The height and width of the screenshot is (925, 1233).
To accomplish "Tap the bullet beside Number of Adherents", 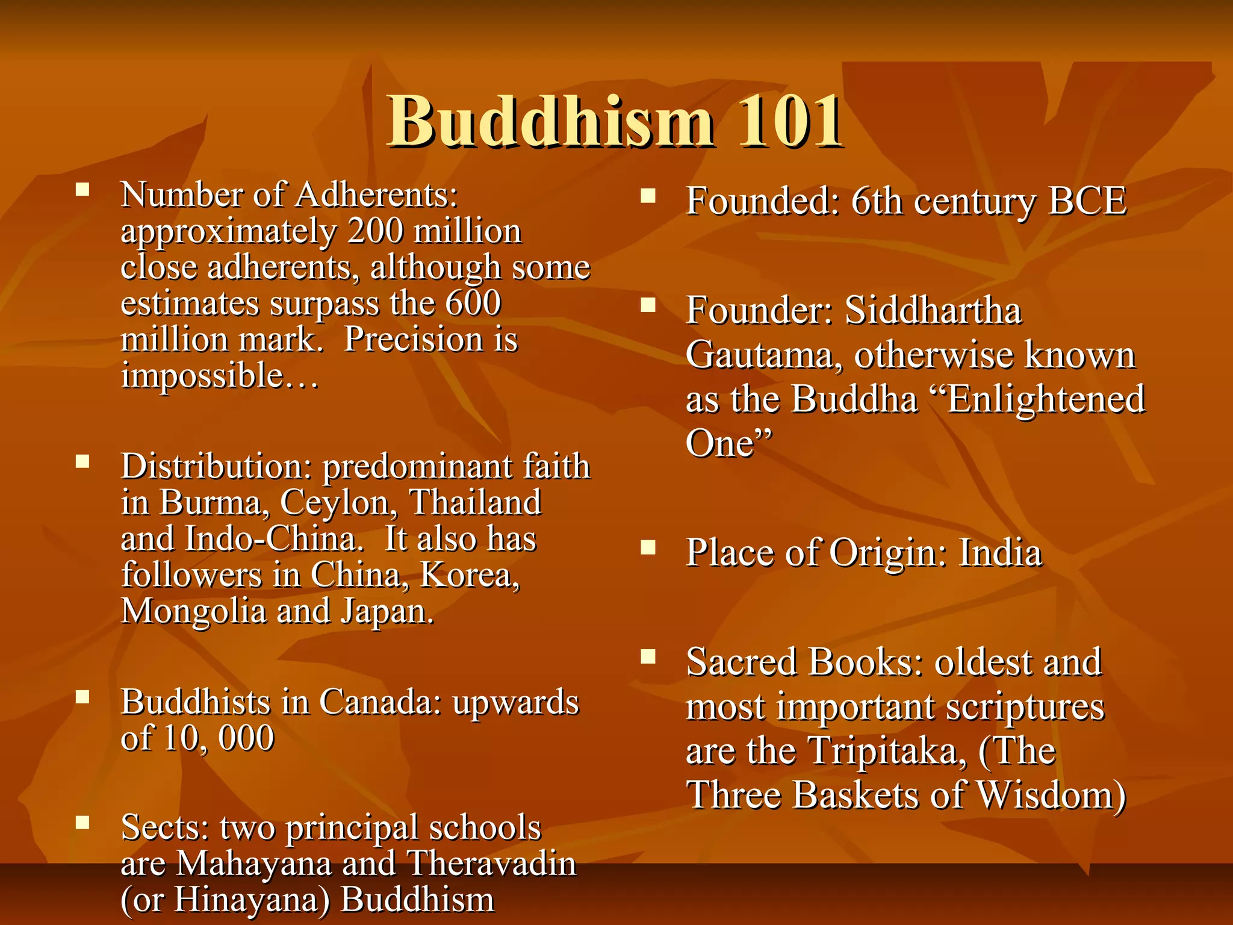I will point(82,191).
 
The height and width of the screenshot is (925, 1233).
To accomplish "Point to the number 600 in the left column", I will point(473,303).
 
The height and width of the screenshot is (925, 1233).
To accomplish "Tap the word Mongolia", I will point(193,611).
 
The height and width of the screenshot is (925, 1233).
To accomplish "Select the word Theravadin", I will point(492,864).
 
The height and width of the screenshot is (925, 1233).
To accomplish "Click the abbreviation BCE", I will point(1087,201).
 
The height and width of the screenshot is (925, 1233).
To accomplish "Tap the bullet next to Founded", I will point(648,196).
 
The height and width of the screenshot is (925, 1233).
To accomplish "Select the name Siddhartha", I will point(933,311).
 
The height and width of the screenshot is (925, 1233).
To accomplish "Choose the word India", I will point(1000,553).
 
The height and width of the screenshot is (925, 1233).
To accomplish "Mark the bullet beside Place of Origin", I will point(648,547).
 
